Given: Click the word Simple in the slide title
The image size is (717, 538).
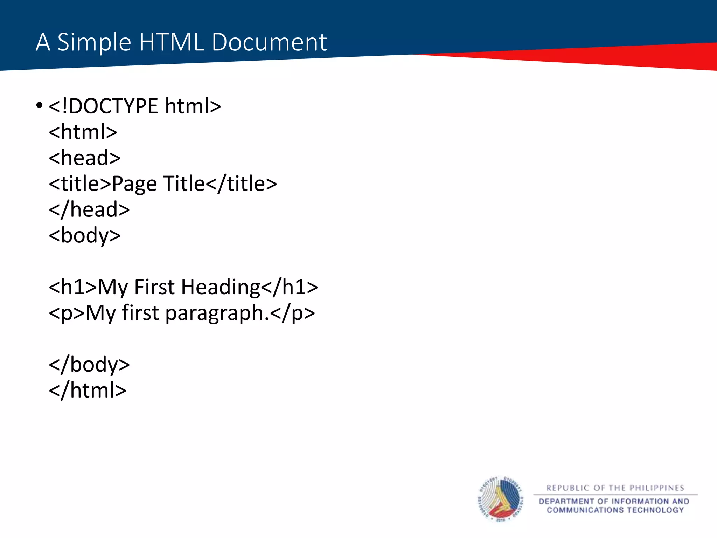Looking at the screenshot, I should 94,42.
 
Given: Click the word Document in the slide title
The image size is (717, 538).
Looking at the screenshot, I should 269,42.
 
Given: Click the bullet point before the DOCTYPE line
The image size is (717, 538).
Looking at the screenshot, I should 39,105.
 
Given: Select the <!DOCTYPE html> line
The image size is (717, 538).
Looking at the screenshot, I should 135,106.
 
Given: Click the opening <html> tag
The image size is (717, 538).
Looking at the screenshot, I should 83,132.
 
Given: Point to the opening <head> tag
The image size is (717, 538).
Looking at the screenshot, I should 85,158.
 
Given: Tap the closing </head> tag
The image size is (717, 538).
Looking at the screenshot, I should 89,209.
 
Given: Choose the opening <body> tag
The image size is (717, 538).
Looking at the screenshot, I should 85,235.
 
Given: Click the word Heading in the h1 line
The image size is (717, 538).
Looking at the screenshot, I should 221,287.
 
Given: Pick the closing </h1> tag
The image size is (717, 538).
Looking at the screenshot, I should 290,287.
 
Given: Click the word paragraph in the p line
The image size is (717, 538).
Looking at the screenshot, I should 214,313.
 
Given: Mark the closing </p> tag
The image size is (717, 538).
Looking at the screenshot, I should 292,313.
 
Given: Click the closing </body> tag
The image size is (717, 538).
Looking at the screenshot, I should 89,365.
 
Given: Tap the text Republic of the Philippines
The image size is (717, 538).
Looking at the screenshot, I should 615,488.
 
